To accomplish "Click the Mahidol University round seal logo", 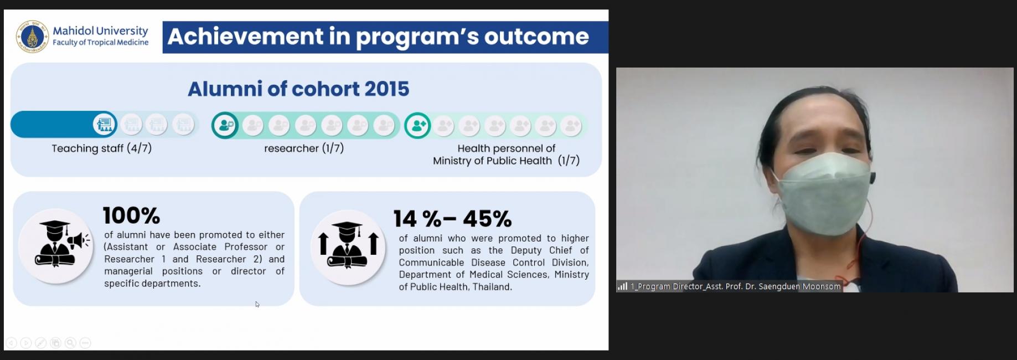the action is [x=33, y=37].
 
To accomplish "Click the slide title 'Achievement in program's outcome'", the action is [x=378, y=37].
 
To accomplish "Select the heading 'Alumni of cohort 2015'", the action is [x=298, y=89].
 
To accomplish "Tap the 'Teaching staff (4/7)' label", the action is [x=102, y=148].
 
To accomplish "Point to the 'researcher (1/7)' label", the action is [x=304, y=148].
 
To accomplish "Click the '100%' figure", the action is [x=131, y=215].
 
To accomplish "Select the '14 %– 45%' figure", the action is [x=452, y=219].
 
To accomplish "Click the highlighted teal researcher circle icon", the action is [x=225, y=126].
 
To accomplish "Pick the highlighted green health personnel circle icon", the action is [x=417, y=126].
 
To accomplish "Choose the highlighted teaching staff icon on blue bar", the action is [x=105, y=125].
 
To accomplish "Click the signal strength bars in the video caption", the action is [x=623, y=286].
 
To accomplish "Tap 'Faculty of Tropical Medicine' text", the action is [x=101, y=43].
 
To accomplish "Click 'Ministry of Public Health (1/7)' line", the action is [x=506, y=161].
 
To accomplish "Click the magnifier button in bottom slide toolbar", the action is [x=70, y=343].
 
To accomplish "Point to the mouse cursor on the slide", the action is [x=257, y=304].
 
